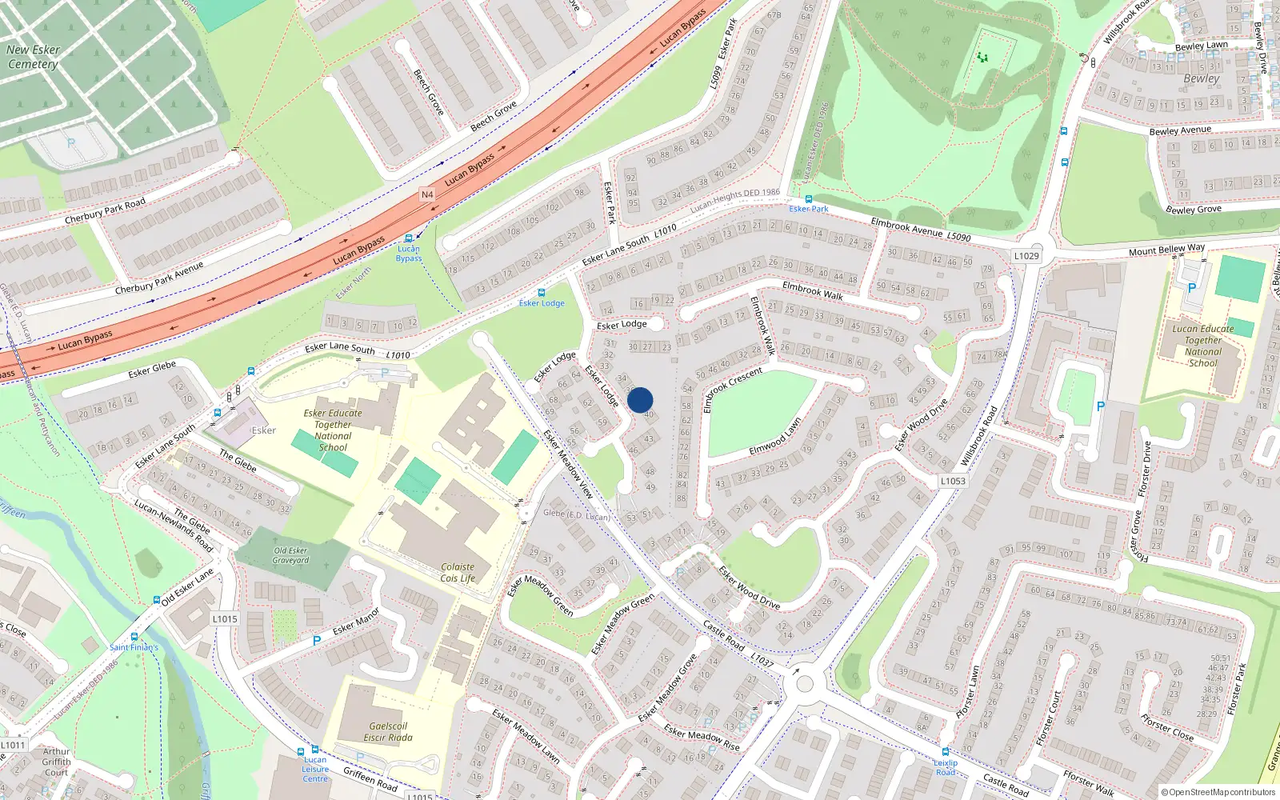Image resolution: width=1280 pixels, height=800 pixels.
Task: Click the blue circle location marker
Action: (640, 400)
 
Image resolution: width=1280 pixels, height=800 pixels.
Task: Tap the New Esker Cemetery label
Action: (33, 57)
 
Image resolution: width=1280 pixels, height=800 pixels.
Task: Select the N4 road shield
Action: (427, 194)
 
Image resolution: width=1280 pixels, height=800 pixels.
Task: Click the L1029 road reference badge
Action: (1026, 256)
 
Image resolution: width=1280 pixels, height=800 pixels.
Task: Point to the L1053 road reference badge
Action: (952, 481)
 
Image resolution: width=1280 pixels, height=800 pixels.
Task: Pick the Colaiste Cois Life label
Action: (458, 572)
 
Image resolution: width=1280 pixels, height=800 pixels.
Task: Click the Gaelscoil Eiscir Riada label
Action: (388, 731)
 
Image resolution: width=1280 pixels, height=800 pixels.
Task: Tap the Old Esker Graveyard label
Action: (290, 555)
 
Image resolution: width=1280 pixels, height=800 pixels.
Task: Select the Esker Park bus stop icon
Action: (808, 199)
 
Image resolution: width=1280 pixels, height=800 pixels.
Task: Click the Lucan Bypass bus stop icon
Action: (409, 238)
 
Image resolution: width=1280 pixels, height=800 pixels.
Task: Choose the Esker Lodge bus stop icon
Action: (542, 293)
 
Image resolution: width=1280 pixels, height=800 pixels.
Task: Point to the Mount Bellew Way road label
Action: (1166, 250)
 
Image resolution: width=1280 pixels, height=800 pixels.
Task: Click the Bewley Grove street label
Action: (1193, 210)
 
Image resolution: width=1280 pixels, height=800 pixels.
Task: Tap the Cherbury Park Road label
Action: (105, 210)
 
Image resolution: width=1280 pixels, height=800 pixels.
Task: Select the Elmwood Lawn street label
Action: (775, 438)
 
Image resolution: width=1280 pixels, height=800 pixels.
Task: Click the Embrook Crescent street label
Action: (732, 390)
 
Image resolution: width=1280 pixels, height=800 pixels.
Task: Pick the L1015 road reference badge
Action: (225, 618)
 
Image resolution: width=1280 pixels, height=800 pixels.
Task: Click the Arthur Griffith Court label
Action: (56, 762)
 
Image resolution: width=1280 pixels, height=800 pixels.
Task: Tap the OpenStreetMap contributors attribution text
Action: (1218, 793)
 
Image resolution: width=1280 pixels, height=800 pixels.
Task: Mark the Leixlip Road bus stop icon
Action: (945, 752)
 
